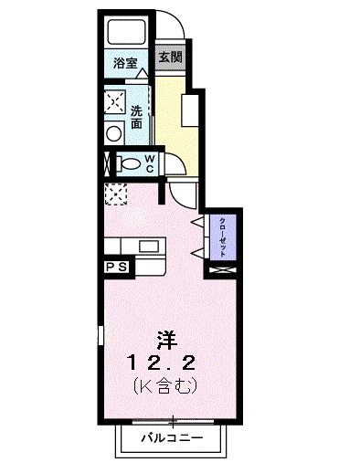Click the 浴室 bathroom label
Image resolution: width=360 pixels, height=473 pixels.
[125, 63]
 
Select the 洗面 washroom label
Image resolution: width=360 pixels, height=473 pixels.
[136, 117]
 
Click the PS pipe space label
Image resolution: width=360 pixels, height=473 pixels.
[115, 267]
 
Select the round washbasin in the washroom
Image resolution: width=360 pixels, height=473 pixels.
[114, 132]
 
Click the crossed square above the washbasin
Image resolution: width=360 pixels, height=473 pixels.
[114, 100]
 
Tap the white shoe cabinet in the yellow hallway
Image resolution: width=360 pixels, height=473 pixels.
[191, 111]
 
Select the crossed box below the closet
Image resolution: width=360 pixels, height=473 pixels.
[222, 270]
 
